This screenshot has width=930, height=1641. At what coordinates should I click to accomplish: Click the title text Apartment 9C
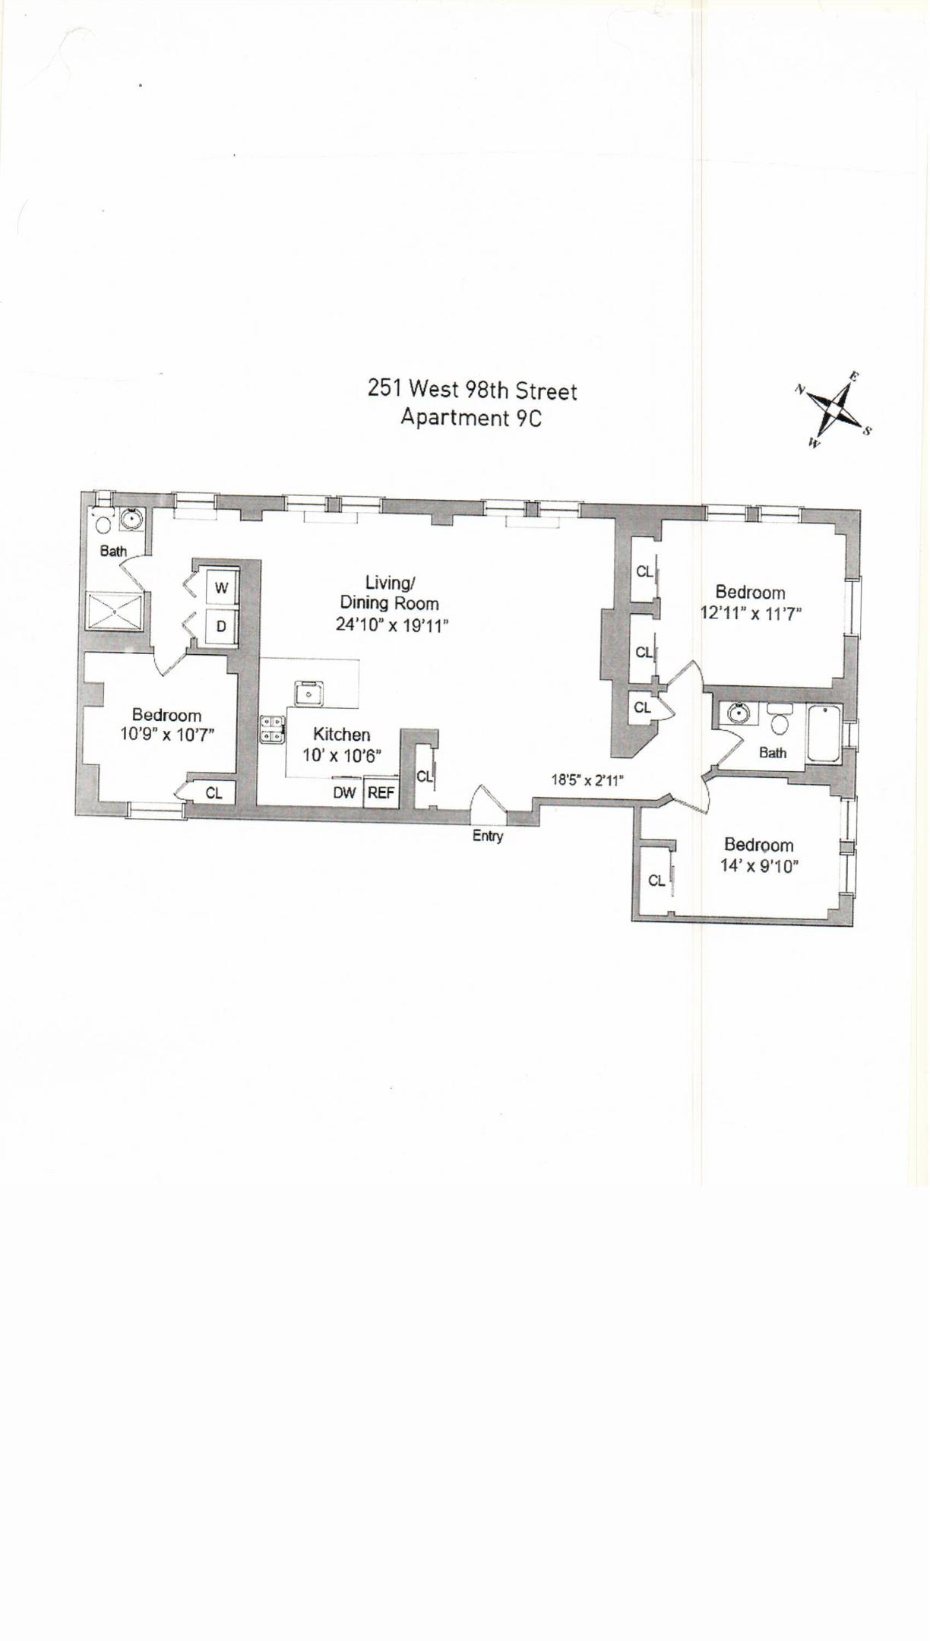point(471,418)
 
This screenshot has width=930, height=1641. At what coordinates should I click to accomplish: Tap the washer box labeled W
point(221,588)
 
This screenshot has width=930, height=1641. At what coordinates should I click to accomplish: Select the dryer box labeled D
point(221,627)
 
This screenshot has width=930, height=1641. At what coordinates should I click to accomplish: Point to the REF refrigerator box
point(381,792)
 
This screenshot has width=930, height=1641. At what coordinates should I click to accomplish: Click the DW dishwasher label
point(344,792)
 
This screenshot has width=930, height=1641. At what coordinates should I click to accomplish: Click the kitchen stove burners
point(271,729)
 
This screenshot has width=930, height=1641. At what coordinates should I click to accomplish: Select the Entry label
point(488,836)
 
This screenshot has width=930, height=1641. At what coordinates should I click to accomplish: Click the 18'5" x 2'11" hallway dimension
point(587,779)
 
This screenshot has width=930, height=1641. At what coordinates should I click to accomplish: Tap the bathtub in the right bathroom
point(824,734)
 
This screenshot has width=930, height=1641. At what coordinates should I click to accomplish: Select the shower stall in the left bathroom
point(114,612)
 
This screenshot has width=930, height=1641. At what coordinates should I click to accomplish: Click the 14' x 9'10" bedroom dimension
point(759,866)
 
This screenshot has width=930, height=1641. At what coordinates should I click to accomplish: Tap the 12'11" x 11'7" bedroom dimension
point(751,614)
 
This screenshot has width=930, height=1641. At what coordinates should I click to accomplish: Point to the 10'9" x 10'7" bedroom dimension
point(167,735)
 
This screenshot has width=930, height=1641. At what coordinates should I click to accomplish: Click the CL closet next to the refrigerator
point(423,776)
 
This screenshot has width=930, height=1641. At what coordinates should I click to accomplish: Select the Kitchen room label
point(342,735)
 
